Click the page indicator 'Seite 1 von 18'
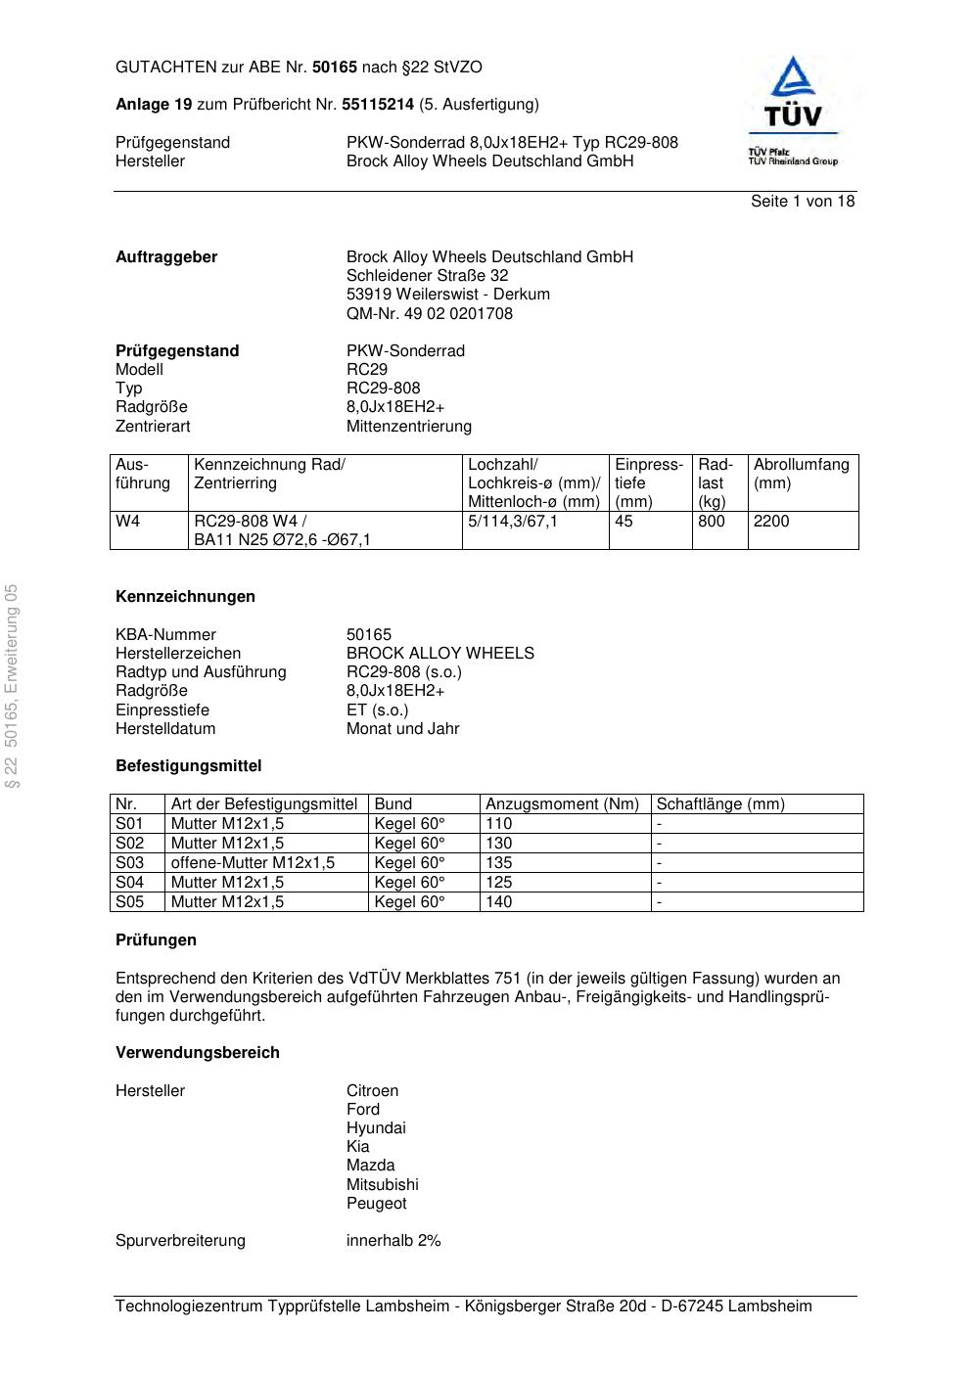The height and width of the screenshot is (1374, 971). [x=802, y=202]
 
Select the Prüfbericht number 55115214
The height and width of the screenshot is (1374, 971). [x=378, y=105]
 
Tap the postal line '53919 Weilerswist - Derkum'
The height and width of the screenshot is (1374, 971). [x=447, y=295]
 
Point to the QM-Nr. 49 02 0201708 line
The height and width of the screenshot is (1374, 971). [x=429, y=314]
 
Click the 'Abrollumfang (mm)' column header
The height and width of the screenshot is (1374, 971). [x=801, y=474]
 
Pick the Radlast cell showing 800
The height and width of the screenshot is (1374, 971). [x=712, y=522]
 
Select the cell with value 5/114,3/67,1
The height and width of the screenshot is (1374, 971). [x=513, y=522]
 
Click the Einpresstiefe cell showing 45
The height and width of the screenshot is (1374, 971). [x=624, y=522]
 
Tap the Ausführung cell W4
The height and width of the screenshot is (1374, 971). [x=128, y=522]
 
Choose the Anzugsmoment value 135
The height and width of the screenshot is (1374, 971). [x=499, y=863]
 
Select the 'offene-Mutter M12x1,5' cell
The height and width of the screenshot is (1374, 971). [x=253, y=863]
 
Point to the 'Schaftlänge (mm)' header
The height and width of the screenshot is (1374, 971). [x=720, y=804]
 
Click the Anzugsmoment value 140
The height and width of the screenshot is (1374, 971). [x=499, y=902]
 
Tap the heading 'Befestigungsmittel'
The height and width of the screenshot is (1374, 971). [x=188, y=766]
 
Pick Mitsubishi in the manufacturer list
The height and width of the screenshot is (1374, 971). [x=382, y=1185]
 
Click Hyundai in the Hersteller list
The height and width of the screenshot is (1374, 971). [x=376, y=1128]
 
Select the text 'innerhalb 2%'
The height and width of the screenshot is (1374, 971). [x=393, y=1241]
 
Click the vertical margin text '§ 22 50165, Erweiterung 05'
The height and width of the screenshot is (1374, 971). [x=12, y=685]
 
